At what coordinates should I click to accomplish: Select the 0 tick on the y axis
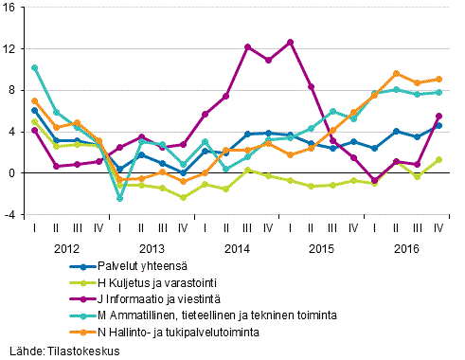click(13, 173)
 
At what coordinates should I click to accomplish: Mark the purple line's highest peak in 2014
click(290, 42)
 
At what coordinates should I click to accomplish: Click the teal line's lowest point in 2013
click(120, 199)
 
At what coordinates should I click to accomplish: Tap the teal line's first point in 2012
click(35, 67)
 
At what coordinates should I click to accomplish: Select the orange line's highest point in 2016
click(397, 73)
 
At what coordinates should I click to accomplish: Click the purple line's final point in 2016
click(439, 116)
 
